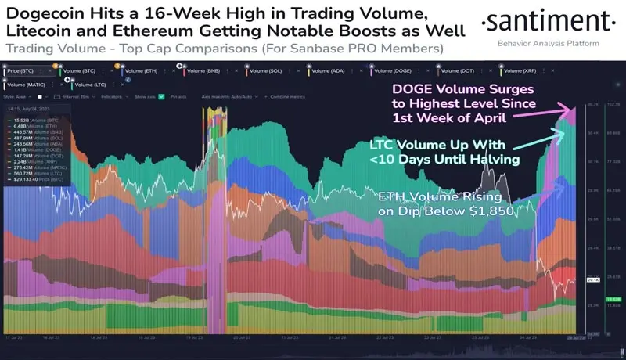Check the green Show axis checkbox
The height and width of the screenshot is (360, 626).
coord(161,97)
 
